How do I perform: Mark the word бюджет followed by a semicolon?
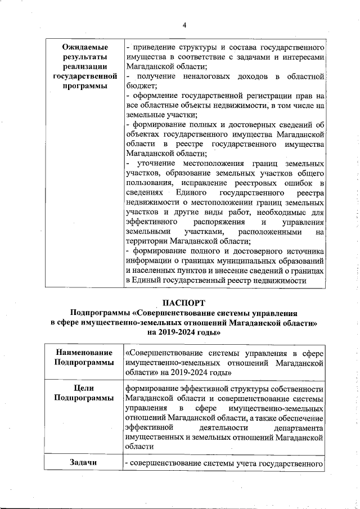point(141,85)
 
